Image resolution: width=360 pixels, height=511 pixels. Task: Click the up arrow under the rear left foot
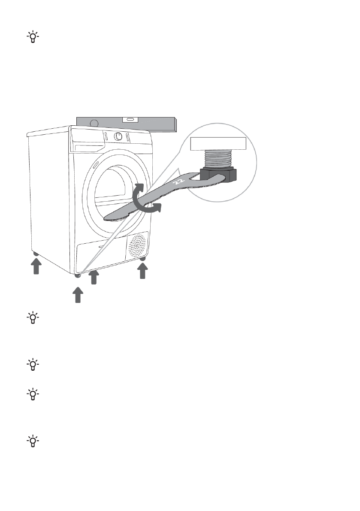tap(36, 268)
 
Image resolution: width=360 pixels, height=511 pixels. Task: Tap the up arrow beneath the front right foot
tap(143, 272)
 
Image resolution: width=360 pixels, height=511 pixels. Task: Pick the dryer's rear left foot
tap(36, 255)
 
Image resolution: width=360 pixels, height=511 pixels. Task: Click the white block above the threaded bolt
tap(218, 144)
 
